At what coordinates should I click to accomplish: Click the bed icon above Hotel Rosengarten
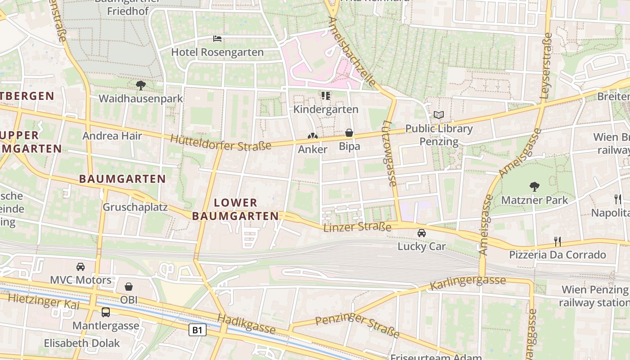(x=217, y=39)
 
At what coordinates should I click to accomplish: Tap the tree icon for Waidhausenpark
(x=140, y=85)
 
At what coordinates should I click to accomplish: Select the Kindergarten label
(x=326, y=109)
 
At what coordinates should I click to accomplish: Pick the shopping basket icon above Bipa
(x=349, y=133)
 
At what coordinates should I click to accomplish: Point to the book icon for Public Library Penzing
(x=439, y=115)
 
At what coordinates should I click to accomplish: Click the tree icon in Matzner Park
(x=535, y=186)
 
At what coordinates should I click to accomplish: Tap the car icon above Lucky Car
(x=422, y=233)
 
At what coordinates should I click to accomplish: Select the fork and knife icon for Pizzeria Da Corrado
(x=558, y=242)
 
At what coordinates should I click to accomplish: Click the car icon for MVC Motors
(x=81, y=266)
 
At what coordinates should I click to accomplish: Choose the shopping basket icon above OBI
(x=129, y=286)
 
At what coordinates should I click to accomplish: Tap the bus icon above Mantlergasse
(x=106, y=312)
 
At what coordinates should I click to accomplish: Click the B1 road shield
(x=197, y=330)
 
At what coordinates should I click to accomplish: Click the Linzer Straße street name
(x=357, y=226)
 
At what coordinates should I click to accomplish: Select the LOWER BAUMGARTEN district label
(x=235, y=209)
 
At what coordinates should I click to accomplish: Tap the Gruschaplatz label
(x=135, y=207)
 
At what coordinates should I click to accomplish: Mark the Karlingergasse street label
(x=468, y=283)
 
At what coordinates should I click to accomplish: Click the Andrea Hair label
(x=112, y=136)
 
